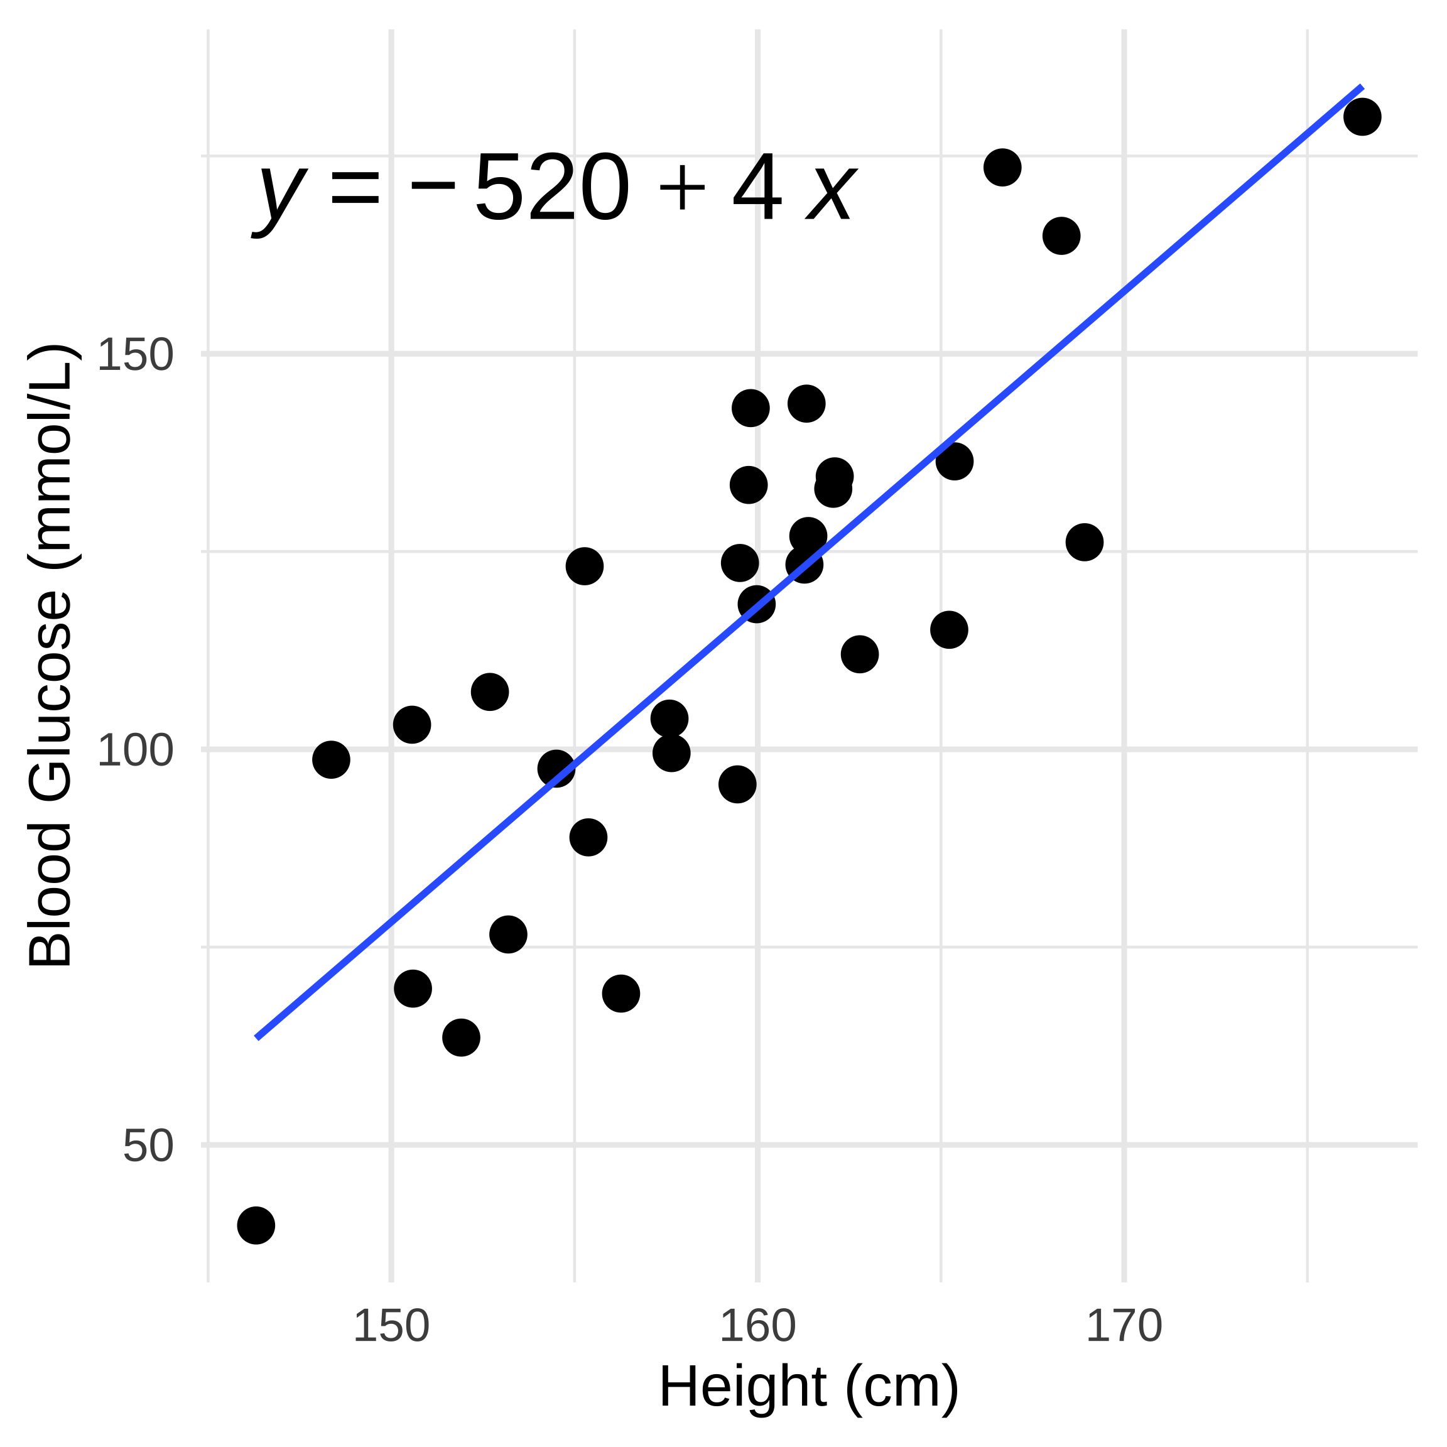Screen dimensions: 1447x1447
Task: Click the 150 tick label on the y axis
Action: point(135,354)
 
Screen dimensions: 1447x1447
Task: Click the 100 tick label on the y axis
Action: point(135,750)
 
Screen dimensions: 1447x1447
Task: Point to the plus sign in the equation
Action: point(681,190)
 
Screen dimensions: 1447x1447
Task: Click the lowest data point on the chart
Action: point(256,1226)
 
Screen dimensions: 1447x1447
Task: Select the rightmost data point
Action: point(1362,117)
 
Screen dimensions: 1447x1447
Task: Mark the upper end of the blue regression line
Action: point(1361,88)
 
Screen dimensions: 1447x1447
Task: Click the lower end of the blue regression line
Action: point(257,1038)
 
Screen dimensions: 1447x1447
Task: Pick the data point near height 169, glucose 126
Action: point(1085,541)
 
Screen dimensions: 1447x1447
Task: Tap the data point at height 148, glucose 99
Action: point(331,760)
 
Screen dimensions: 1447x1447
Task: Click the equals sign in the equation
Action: point(355,190)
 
